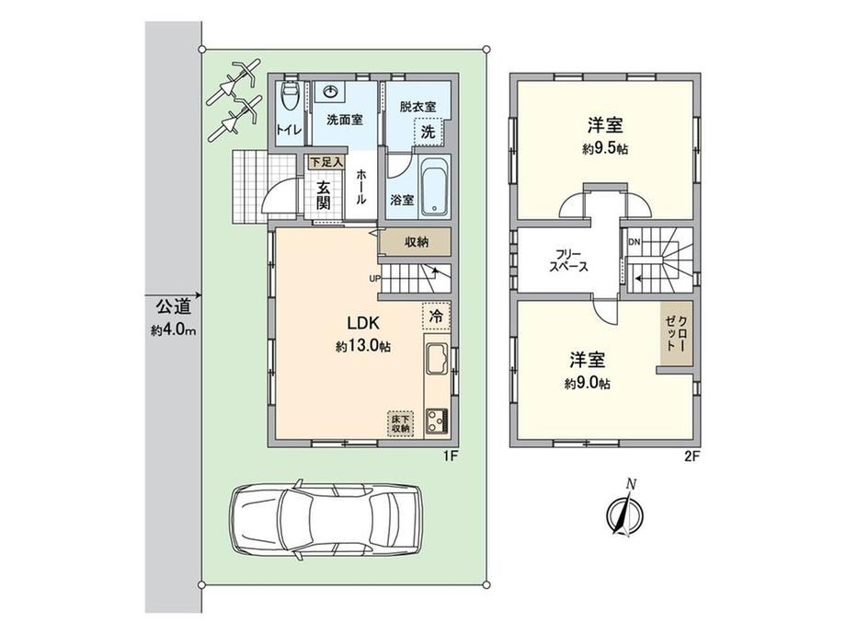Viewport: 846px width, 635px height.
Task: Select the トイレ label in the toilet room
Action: (289, 129)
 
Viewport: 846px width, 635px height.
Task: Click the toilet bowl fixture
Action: (291, 97)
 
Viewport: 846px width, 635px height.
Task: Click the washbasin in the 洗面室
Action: (330, 92)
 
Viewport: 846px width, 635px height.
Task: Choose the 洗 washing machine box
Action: (428, 132)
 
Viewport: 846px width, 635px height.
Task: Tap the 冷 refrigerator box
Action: (436, 316)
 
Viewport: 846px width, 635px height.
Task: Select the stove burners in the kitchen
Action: (438, 421)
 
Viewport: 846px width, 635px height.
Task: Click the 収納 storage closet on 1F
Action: (415, 241)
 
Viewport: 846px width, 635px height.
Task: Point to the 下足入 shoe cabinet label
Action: (326, 161)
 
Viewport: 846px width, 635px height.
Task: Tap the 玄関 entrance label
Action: (323, 195)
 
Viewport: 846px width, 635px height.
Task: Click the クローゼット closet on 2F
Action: (676, 332)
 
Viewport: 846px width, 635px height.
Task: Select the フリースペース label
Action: (568, 260)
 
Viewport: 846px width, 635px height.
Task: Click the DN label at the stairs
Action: (634, 242)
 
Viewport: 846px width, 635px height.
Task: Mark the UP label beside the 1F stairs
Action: (375, 279)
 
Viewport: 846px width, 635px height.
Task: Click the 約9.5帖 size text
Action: (605, 149)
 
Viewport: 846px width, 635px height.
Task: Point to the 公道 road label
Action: (173, 307)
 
